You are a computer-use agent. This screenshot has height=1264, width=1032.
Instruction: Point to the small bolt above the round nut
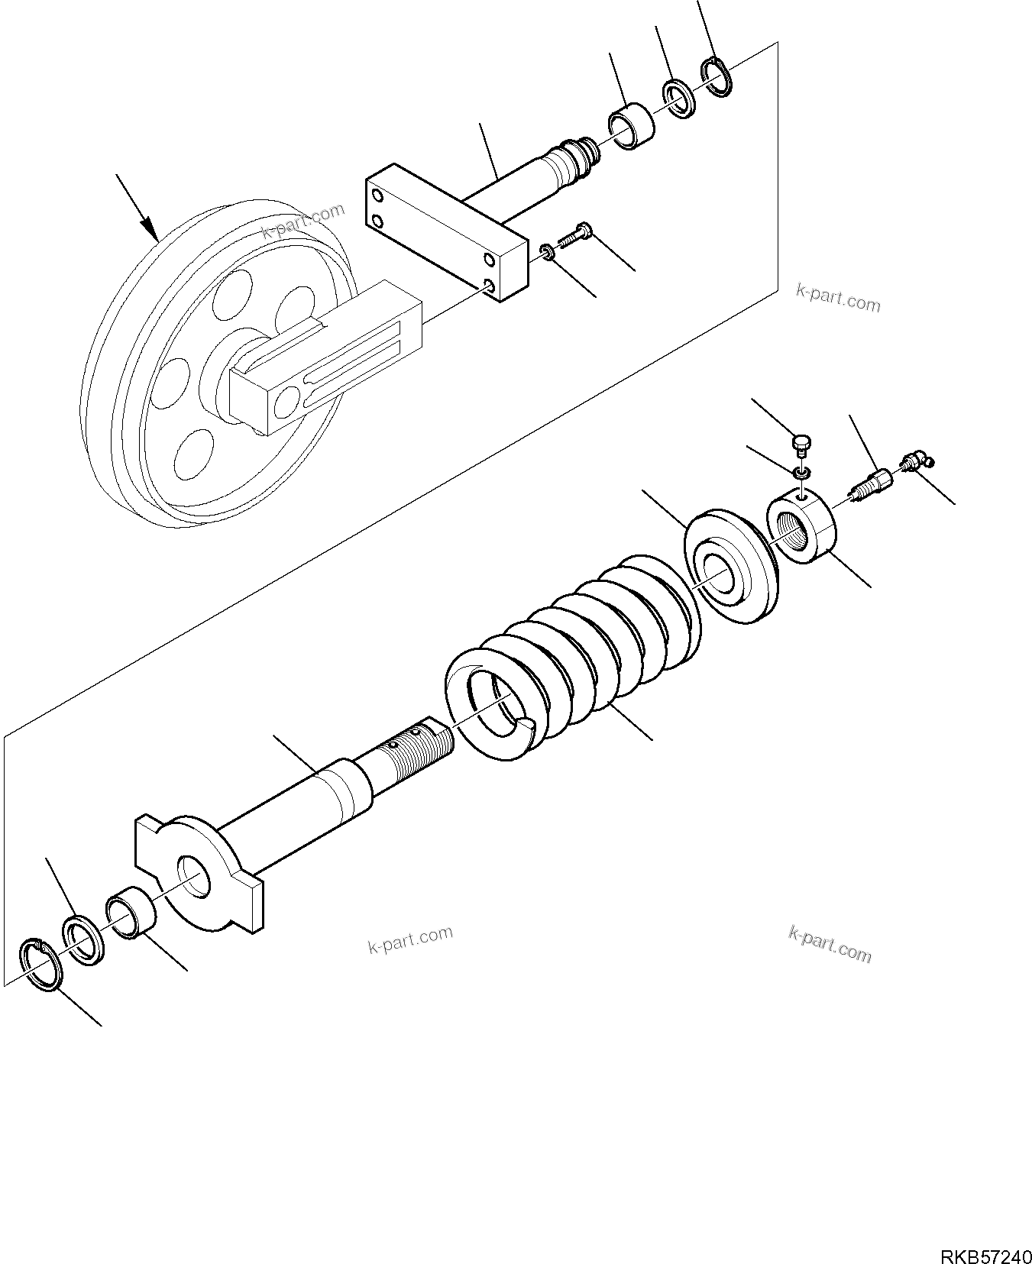pos(801,444)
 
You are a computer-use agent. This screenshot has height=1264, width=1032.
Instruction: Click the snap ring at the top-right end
pos(717,78)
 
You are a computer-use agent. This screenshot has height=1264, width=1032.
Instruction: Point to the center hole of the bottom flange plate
pos(194,876)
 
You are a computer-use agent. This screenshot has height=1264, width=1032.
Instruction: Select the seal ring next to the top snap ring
pos(678,99)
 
